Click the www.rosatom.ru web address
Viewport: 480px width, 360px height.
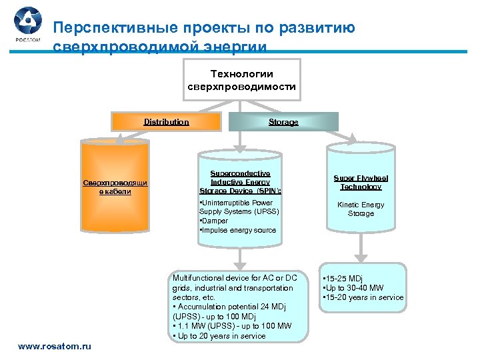[x=55, y=346]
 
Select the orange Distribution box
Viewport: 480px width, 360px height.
[x=167, y=121]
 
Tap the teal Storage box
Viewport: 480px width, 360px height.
[x=283, y=122]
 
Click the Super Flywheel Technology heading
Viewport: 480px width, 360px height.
[x=361, y=182]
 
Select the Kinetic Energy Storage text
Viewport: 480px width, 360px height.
[x=361, y=209]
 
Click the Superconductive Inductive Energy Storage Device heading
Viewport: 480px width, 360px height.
[x=240, y=181]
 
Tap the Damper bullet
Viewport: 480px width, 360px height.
[x=215, y=221]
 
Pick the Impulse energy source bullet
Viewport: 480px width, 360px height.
[x=237, y=230]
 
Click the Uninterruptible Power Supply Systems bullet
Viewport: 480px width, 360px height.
[x=239, y=207]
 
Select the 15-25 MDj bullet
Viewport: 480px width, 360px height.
[x=343, y=278]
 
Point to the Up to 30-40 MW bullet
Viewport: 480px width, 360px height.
[x=353, y=287]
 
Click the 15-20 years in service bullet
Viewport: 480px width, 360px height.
[x=363, y=297]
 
